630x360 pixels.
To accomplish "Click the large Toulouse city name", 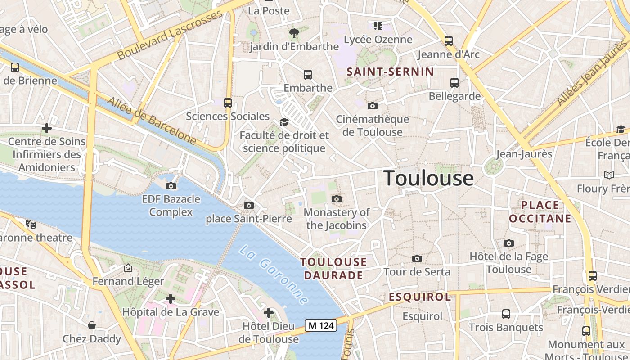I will [x=428, y=178].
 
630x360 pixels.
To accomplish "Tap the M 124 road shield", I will [x=321, y=325].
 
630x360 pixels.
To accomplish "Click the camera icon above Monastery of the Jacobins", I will [x=336, y=199].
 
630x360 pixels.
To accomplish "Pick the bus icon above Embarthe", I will [x=308, y=75].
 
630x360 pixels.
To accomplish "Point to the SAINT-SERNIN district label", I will [x=390, y=72].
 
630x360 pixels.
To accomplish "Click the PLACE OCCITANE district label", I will [x=540, y=212].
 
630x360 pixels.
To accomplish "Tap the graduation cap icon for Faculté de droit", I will [x=284, y=122].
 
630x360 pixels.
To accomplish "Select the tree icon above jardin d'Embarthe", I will [x=294, y=33].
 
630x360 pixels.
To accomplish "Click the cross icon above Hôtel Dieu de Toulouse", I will [x=269, y=313].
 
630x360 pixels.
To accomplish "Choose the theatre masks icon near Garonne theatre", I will [x=31, y=224].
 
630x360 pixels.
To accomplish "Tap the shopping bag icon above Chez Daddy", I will [x=92, y=325].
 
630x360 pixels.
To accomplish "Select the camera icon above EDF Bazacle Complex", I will [x=171, y=186].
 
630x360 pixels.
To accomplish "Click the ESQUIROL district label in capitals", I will [x=419, y=297].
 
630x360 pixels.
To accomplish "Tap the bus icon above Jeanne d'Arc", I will [x=449, y=41].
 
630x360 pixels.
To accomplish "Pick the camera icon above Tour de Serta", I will [x=417, y=258].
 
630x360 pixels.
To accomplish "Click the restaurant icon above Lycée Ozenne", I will [x=378, y=26].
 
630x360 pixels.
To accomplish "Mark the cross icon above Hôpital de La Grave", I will [x=171, y=298].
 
